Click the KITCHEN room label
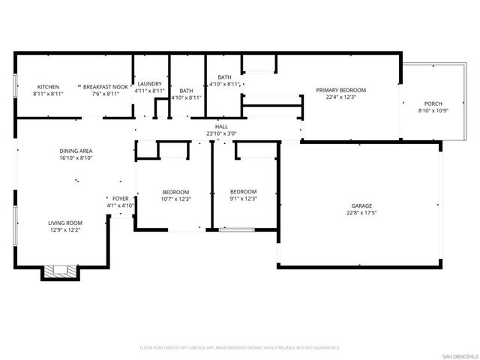(48, 87)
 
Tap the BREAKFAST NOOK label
(106, 87)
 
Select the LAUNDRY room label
(149, 83)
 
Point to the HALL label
(221, 127)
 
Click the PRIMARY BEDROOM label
(346, 90)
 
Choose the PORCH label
(433, 103)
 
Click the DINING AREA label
(76, 151)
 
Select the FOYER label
(120, 199)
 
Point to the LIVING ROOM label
(65, 223)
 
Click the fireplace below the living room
(58, 271)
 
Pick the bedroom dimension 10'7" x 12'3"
(176, 199)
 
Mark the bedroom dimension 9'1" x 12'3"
(243, 199)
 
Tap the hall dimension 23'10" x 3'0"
(221, 133)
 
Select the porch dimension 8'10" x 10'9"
(433, 110)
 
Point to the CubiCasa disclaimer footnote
(240, 347)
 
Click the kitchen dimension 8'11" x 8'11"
(48, 94)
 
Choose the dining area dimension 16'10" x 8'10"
(76, 158)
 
